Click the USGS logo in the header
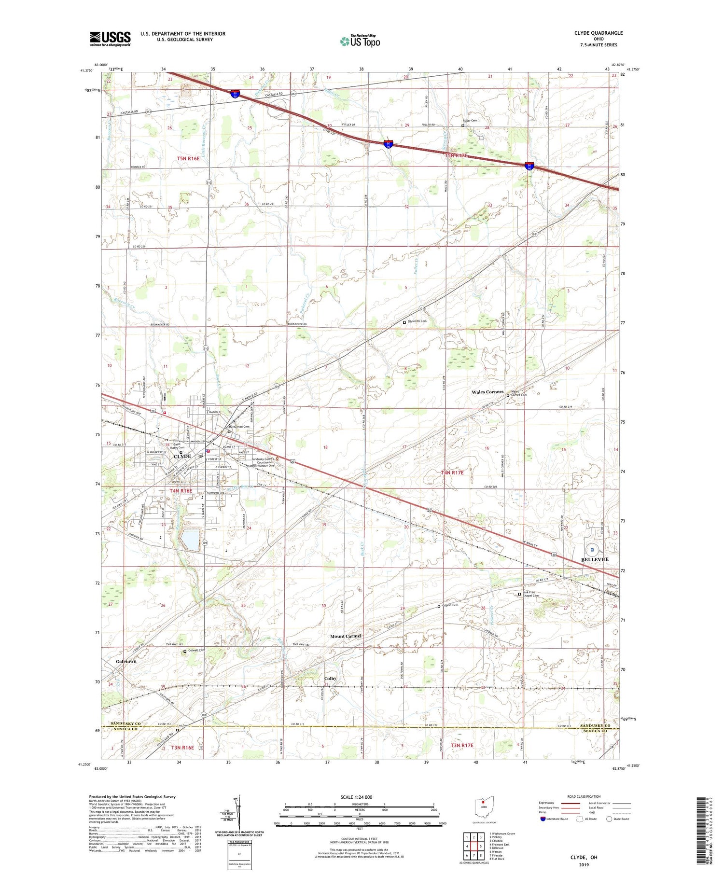click(110, 39)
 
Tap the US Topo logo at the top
click(360, 41)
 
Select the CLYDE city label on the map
click(182, 456)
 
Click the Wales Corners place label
click(487, 392)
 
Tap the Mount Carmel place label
click(346, 636)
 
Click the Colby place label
click(330, 679)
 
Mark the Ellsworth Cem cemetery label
click(417, 321)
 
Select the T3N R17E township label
click(462, 746)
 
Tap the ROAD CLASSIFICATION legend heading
click(584, 796)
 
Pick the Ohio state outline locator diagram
click(483, 807)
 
